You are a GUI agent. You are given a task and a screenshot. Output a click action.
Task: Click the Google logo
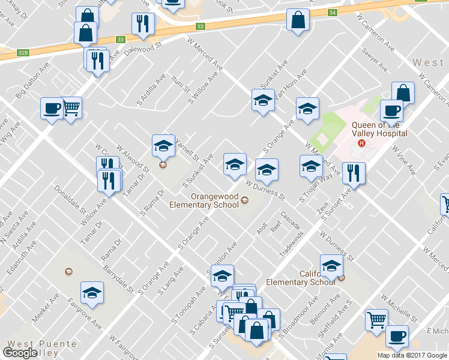(x=20, y=353)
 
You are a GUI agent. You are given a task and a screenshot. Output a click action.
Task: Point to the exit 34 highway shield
(x=332, y=12)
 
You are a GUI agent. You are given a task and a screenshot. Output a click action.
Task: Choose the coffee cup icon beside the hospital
(x=391, y=111)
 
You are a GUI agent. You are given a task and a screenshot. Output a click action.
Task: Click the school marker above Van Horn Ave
(x=262, y=100)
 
